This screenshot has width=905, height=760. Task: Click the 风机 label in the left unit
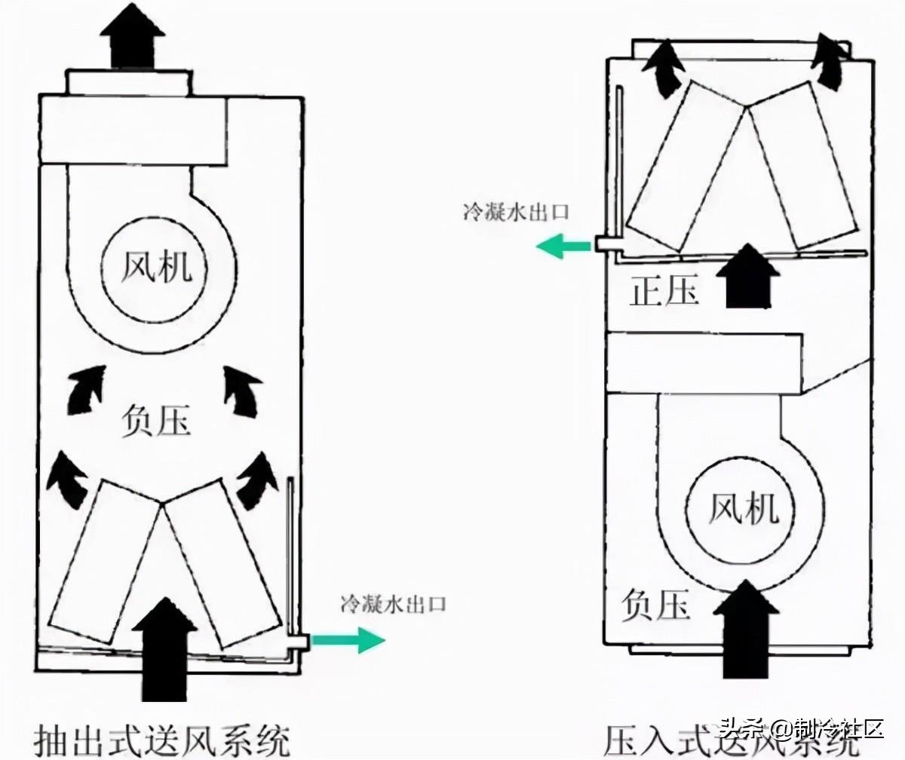[156, 268]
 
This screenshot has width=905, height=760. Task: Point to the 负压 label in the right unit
[655, 605]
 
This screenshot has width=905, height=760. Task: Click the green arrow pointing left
[563, 245]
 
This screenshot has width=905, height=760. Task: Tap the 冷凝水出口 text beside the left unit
[394, 603]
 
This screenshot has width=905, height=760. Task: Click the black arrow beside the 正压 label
[746, 275]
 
